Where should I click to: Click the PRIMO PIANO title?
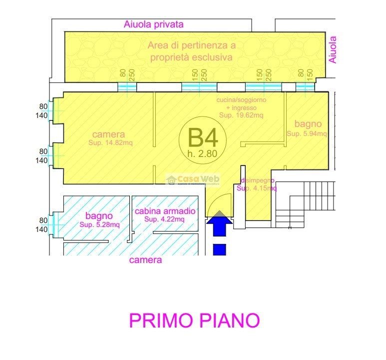(x=194, y=320)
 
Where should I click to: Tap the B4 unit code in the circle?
(x=202, y=136)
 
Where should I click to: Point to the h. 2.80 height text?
(x=202, y=153)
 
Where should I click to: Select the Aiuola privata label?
(x=154, y=24)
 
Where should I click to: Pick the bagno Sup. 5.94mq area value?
(x=307, y=133)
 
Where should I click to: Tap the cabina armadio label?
(x=165, y=211)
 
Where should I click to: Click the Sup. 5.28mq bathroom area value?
(x=99, y=224)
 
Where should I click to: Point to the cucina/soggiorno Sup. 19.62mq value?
(x=241, y=115)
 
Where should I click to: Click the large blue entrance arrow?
(x=219, y=223)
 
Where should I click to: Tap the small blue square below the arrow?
(x=219, y=249)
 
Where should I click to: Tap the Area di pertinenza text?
(x=191, y=45)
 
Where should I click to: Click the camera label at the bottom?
(x=145, y=260)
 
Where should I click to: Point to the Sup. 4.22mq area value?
(x=165, y=219)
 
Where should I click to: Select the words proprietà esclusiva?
(x=191, y=57)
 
